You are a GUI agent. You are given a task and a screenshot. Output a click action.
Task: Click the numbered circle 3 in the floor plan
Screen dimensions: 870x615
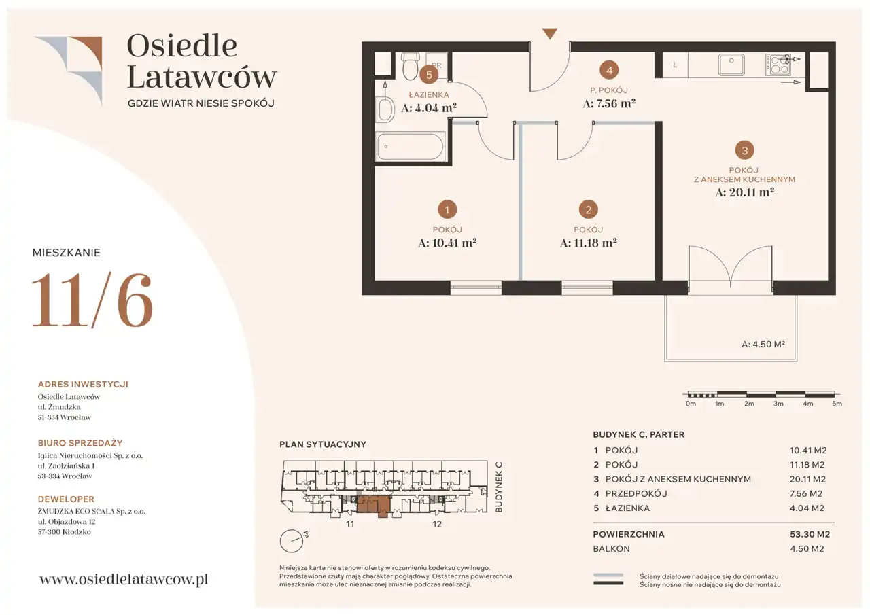point(744,150)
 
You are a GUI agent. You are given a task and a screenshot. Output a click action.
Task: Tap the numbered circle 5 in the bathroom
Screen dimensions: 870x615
point(429,75)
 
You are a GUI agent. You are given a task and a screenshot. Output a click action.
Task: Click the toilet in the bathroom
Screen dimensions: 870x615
point(411,66)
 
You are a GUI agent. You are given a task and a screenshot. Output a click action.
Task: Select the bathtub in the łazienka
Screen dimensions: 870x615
point(411,147)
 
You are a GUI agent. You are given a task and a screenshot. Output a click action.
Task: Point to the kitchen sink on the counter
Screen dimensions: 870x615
point(731,65)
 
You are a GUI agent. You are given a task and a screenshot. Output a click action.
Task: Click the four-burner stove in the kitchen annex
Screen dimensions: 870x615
point(778,65)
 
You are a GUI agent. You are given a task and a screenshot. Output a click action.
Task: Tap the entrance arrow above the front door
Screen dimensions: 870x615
point(550,34)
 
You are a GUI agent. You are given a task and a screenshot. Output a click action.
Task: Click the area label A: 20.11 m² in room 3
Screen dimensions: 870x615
point(744,192)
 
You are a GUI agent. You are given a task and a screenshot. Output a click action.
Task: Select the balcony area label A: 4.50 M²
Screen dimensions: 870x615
point(763,345)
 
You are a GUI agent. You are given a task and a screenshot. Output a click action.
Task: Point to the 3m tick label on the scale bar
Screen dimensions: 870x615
point(778,404)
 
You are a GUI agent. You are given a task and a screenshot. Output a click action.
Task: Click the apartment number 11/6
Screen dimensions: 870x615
point(92,300)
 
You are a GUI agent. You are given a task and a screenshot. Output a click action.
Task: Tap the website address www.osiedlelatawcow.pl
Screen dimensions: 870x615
point(124,579)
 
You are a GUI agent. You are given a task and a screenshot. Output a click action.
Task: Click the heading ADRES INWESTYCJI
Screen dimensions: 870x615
point(83,384)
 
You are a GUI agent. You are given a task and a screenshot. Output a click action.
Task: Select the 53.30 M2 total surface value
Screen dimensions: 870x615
point(810,534)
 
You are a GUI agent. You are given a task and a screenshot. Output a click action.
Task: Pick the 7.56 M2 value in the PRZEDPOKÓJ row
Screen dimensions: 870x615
point(806,493)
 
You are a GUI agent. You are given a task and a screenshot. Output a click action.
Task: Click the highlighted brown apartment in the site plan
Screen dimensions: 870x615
point(373,505)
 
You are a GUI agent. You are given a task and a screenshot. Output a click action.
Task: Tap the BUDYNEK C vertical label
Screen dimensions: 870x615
point(499,487)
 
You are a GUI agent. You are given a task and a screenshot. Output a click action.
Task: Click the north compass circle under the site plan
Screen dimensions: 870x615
point(292,541)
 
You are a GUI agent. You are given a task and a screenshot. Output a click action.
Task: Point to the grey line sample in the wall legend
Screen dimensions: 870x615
point(608,575)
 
